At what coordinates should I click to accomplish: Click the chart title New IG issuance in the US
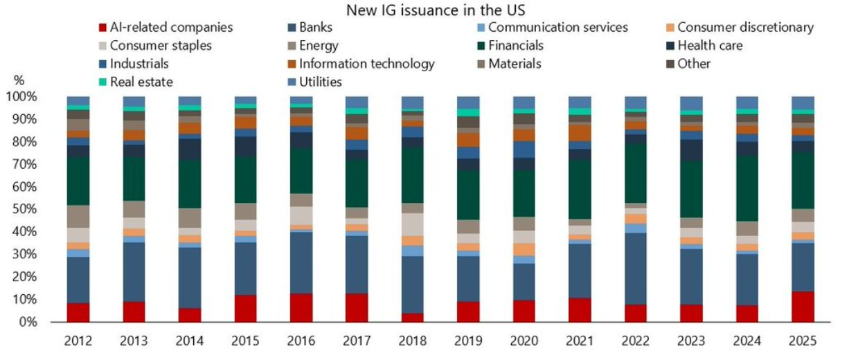pos(424,10)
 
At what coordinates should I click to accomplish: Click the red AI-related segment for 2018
pos(413,318)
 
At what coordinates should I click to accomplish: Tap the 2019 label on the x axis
pos(468,341)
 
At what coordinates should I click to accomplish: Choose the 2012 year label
pos(78,341)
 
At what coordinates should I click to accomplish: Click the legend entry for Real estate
pos(141,82)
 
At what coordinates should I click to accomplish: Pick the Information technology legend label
pos(366,64)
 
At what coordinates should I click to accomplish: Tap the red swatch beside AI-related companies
pos(102,28)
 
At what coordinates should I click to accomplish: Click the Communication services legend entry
pos(557,28)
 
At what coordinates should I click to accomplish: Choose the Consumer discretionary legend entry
pos(745,28)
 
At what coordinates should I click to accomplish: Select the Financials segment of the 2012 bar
pos(78,181)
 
